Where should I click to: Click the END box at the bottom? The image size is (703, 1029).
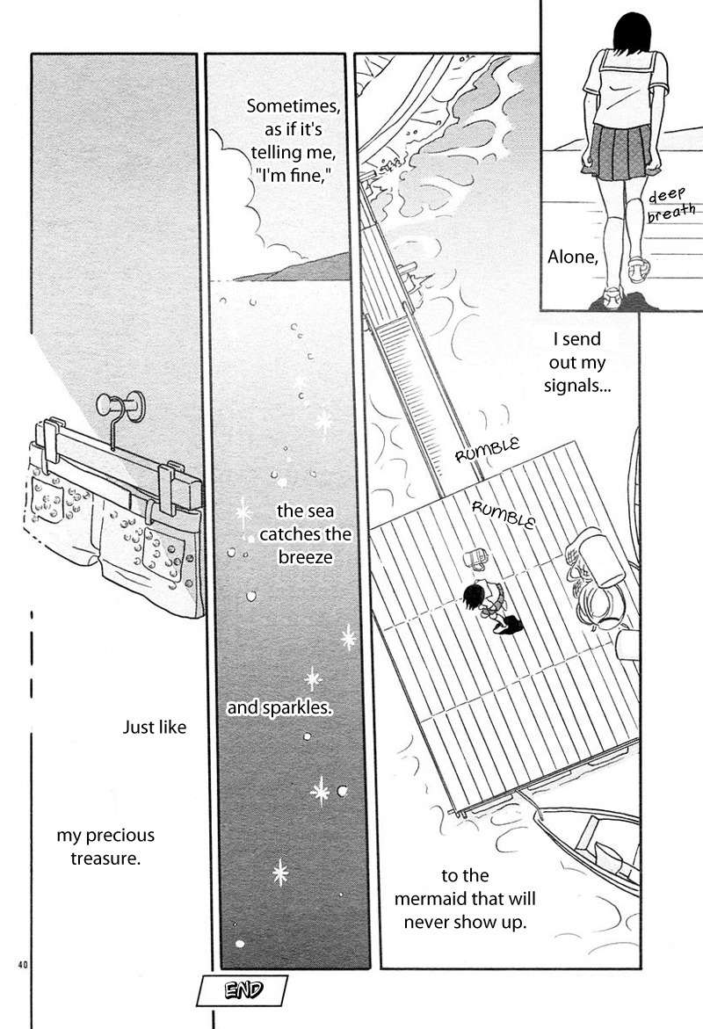click(x=242, y=990)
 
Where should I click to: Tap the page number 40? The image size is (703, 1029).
click(x=23, y=965)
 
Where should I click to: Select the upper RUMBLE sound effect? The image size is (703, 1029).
click(x=487, y=450)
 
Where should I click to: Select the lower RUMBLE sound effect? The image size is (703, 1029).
click(x=504, y=513)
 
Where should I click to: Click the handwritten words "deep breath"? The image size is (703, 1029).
click(x=670, y=204)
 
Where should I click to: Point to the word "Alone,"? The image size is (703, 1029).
click(x=573, y=257)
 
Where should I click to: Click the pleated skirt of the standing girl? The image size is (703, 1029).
click(x=619, y=152)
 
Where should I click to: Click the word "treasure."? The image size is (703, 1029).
click(x=105, y=859)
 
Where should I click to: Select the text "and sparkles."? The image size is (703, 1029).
click(x=279, y=708)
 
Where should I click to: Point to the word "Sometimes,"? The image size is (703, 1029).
click(x=294, y=106)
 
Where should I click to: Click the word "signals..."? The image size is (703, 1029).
click(x=577, y=385)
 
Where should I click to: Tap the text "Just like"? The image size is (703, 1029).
click(x=155, y=727)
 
